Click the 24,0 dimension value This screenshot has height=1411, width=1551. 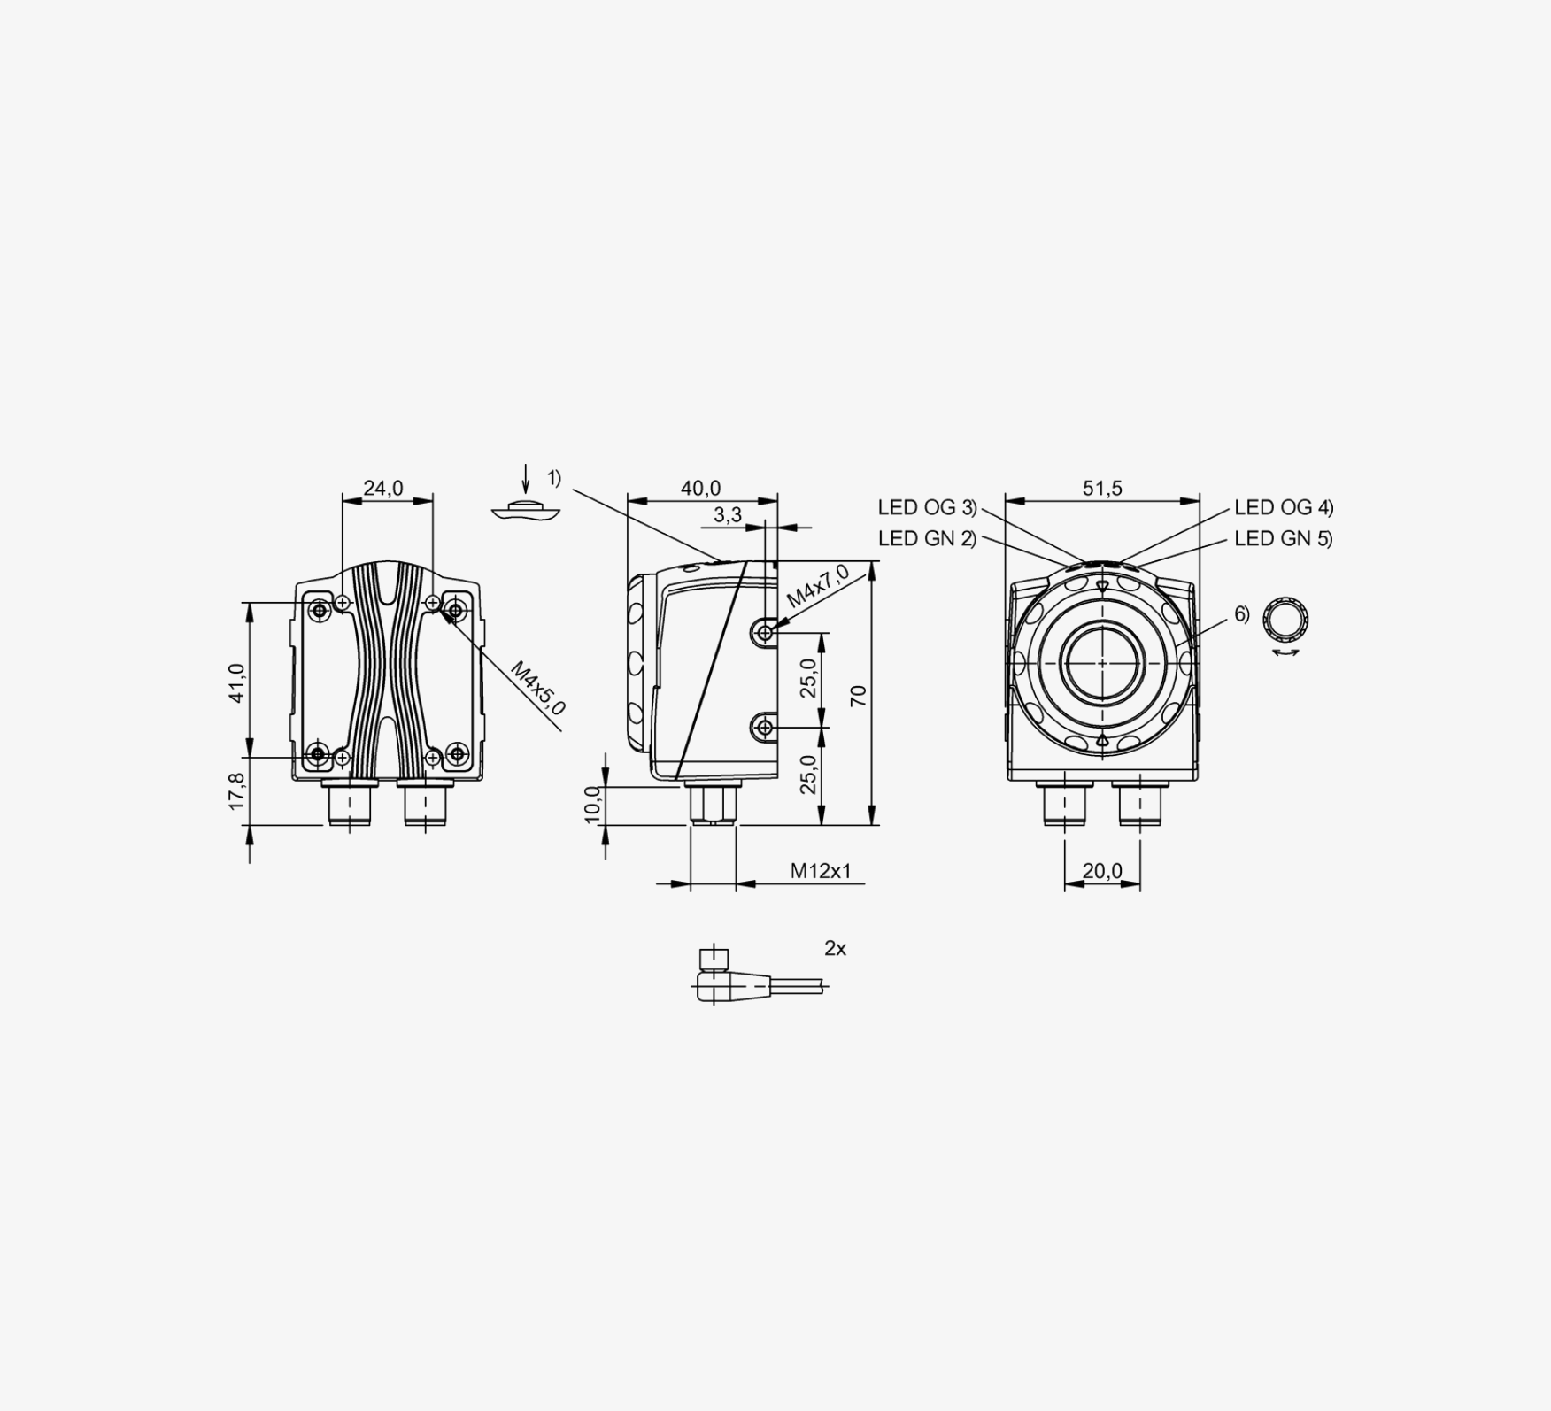[383, 488]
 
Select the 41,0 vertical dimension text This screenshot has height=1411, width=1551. [236, 682]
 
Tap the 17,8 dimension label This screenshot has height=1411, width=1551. [236, 790]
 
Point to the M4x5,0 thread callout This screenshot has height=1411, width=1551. [537, 689]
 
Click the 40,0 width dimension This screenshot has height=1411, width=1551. [700, 488]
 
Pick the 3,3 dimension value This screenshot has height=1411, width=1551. [727, 514]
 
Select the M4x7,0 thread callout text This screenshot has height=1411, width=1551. [818, 585]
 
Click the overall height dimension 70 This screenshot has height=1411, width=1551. [858, 696]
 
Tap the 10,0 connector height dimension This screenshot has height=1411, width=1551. [593, 805]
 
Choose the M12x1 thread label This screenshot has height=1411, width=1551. [821, 871]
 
